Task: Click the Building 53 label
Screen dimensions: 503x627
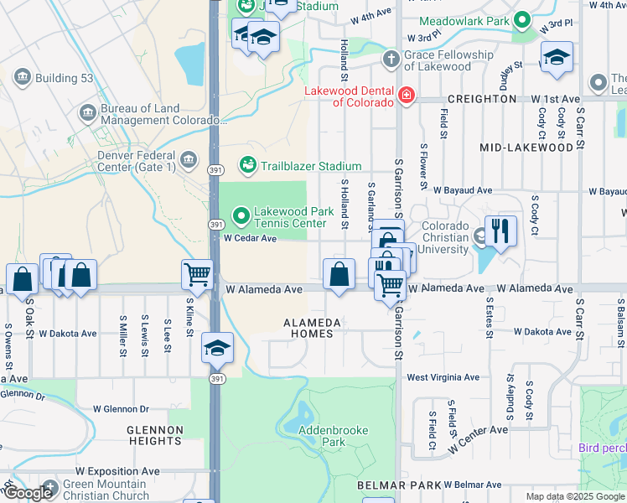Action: (57, 78)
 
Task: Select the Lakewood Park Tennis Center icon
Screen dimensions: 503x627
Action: (241, 217)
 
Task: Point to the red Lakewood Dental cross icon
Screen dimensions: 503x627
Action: (407, 96)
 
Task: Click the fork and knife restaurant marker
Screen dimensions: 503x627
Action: (500, 231)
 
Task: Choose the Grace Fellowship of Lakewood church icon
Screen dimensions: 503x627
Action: (390, 60)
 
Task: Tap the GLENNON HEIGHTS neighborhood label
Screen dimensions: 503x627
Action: (155, 435)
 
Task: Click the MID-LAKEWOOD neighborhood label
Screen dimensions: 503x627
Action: (526, 148)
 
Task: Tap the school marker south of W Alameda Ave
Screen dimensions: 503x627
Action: (217, 348)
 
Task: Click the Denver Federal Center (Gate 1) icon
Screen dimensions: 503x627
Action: (189, 158)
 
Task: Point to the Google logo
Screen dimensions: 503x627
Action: (28, 493)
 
